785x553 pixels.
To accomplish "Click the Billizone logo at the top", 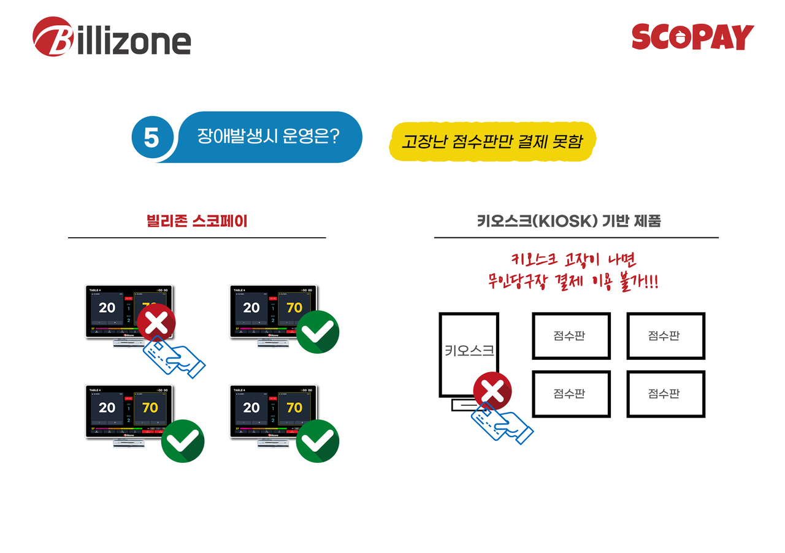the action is tap(112, 38).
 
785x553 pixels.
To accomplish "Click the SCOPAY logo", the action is tap(692, 37).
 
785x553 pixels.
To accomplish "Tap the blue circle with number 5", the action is tap(151, 137).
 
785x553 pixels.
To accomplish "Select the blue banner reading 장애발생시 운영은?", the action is tap(269, 136).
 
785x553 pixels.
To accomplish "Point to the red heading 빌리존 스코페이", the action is tap(197, 221).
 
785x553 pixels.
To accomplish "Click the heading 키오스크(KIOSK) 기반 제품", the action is tap(569, 221).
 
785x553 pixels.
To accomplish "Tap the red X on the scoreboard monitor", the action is tap(156, 321).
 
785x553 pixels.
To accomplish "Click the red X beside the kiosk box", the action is tap(492, 391).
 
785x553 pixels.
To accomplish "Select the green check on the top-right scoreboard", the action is tap(318, 332).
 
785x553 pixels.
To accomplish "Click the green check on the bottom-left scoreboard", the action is tap(183, 440).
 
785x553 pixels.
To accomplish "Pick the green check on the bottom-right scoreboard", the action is tap(318, 440).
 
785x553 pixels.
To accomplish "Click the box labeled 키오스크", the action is tap(469, 354).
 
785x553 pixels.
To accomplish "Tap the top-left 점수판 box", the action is tap(570, 335).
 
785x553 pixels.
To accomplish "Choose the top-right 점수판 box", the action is tap(665, 335).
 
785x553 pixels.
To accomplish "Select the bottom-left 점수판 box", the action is tap(570, 394).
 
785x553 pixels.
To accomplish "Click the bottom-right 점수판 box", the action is tap(665, 394).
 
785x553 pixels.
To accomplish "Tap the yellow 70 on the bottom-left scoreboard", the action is tap(150, 408).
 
